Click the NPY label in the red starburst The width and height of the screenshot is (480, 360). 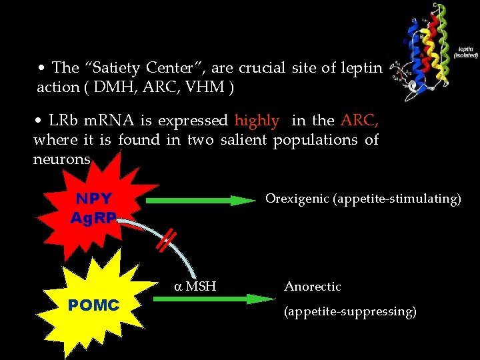93,199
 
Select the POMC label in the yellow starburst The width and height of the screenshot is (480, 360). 93,305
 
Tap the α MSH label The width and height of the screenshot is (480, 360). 195,287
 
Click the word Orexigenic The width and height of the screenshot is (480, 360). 295,199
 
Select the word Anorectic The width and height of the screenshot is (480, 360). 313,287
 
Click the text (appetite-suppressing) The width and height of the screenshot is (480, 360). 351,311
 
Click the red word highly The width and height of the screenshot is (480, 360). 257,121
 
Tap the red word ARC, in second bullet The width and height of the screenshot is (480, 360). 360,121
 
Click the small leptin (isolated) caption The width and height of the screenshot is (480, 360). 465,52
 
